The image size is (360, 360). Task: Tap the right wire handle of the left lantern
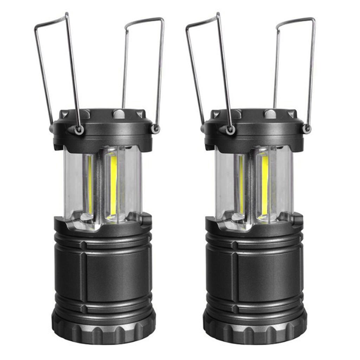[x=160, y=70]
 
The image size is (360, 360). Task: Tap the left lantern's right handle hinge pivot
[x=155, y=129]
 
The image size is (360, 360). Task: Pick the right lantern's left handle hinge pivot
[x=230, y=130]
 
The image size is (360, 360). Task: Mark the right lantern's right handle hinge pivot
[x=307, y=129]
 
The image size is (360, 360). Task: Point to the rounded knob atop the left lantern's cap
[x=118, y=114]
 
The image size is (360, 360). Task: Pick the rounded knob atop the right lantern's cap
[x=270, y=114]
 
